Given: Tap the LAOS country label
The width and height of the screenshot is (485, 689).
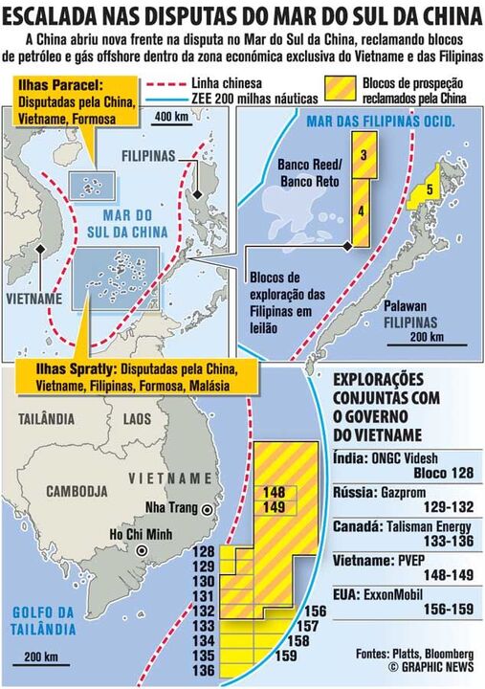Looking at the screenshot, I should (x=137, y=418).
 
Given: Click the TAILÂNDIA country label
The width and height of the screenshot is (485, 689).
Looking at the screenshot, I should (x=46, y=418).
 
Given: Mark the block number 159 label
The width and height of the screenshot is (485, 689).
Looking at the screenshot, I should (x=285, y=656).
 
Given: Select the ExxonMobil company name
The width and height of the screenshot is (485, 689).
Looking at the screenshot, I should (x=402, y=594).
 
